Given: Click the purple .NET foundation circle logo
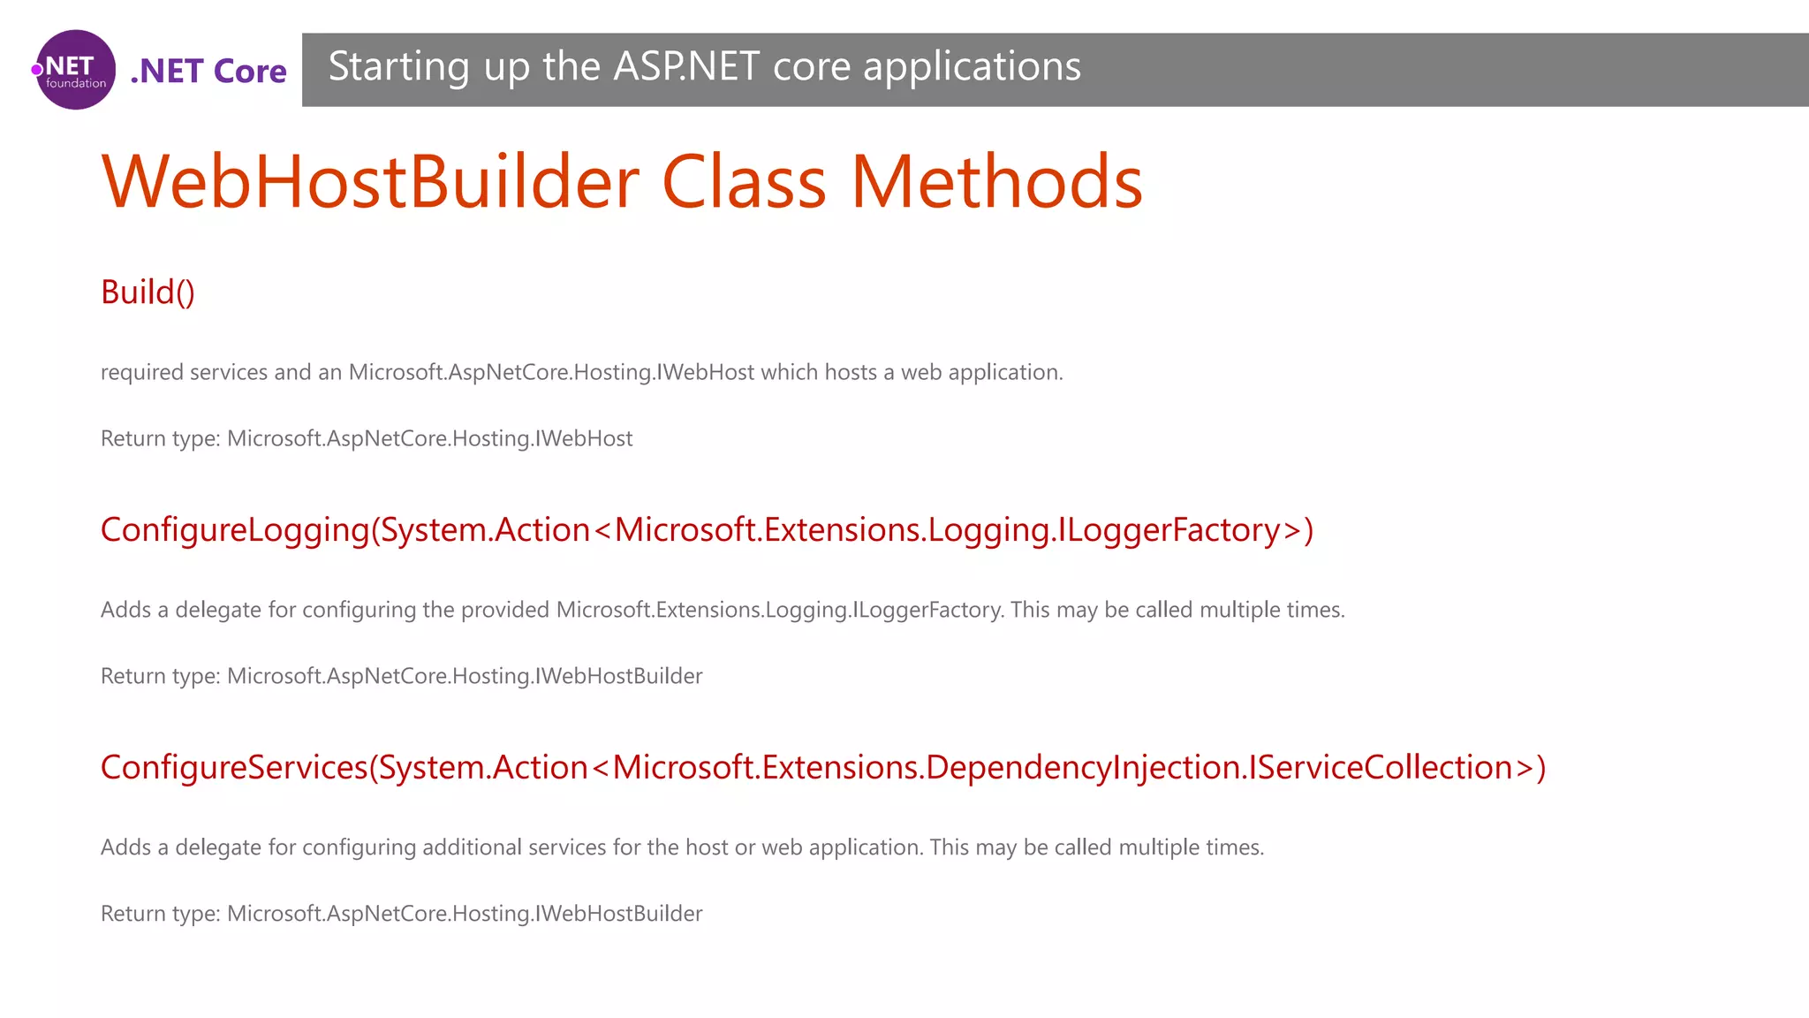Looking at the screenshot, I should click(x=76, y=70).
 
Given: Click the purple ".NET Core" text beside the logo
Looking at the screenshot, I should click(x=208, y=71).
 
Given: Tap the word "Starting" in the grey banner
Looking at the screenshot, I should click(x=398, y=67).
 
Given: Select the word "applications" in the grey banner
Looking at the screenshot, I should click(x=972, y=67).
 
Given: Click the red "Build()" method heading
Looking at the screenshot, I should click(x=148, y=292).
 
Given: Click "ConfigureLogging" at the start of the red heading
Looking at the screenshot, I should click(x=234, y=530).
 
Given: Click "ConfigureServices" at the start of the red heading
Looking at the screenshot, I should click(x=233, y=768).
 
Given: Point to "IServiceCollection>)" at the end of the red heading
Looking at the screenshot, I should click(x=1396, y=768).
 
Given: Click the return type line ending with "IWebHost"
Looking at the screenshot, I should click(x=367, y=439).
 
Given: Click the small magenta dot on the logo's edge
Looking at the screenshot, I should click(x=37, y=70).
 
